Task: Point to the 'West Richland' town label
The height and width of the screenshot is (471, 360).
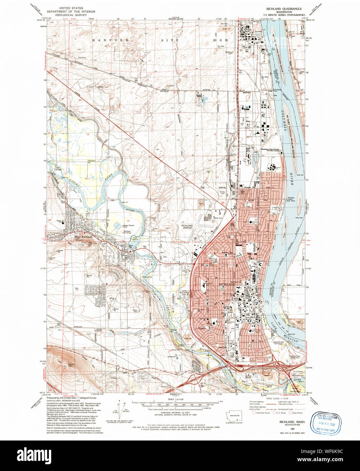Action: [x=83, y=237]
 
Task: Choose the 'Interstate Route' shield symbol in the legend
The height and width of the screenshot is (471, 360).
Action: [x=254, y=413]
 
